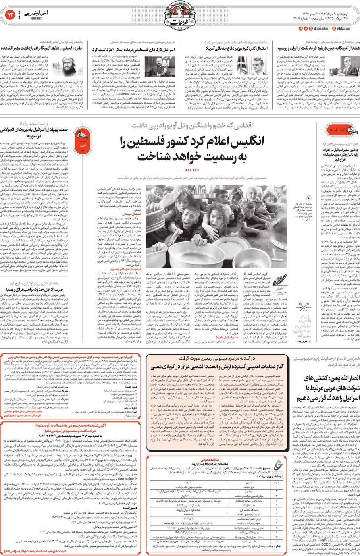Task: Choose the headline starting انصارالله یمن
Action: (x=326, y=388)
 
